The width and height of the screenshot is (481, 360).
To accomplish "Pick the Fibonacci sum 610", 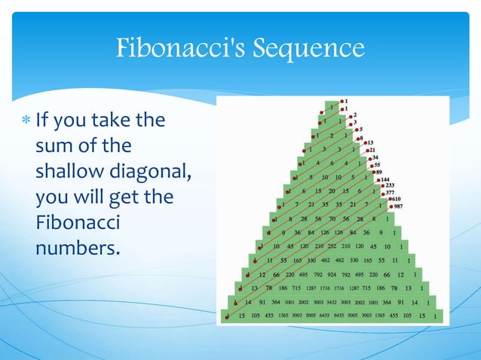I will click(397, 199).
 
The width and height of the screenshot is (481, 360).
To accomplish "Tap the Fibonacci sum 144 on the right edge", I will click(390, 179).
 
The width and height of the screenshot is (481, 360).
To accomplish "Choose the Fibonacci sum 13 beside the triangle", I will click(370, 142).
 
